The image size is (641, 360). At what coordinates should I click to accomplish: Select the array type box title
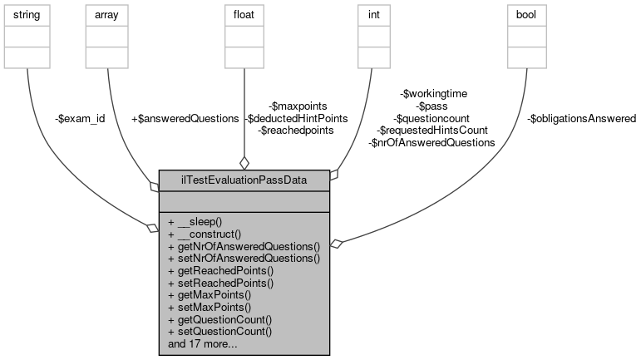108,13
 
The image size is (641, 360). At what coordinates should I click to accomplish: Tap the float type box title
243,13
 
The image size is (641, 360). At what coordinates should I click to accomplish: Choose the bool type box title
527,13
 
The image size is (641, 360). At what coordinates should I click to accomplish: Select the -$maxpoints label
298,106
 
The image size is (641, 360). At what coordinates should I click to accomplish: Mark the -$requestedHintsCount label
431,131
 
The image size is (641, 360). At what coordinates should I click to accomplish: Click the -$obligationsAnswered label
582,119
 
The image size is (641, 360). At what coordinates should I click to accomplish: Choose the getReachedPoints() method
220,271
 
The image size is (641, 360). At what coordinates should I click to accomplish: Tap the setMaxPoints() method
212,307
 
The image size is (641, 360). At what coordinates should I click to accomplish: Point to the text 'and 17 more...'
204,343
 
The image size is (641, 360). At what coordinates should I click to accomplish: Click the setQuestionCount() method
220,331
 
